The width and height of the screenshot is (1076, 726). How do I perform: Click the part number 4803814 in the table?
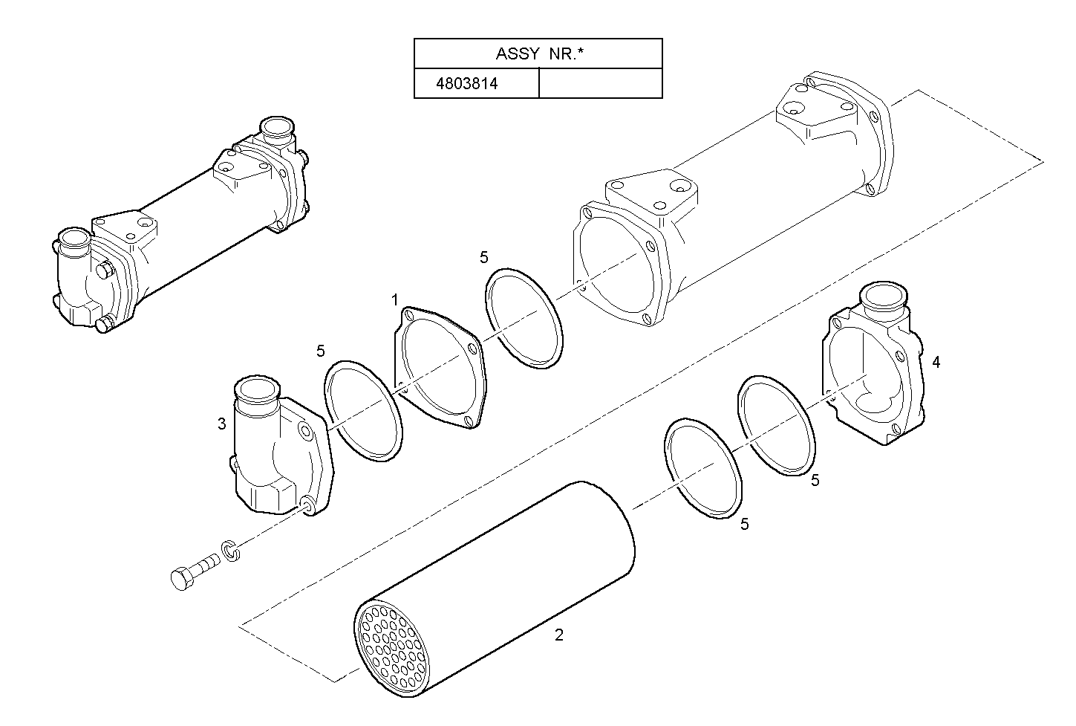click(466, 83)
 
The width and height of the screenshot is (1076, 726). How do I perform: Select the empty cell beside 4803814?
click(599, 83)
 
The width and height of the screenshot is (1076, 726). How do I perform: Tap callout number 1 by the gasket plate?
click(395, 299)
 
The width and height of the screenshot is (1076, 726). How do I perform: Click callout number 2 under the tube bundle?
click(559, 635)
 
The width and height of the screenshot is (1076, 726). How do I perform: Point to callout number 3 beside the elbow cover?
click(221, 424)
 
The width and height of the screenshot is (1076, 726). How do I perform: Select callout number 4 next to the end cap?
click(936, 362)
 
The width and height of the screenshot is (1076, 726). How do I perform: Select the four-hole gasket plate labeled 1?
click(438, 368)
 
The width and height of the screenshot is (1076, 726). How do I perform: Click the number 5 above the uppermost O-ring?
click(484, 257)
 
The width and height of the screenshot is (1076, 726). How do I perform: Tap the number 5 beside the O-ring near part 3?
click(320, 350)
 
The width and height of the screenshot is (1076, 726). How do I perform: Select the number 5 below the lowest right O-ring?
click(744, 525)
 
